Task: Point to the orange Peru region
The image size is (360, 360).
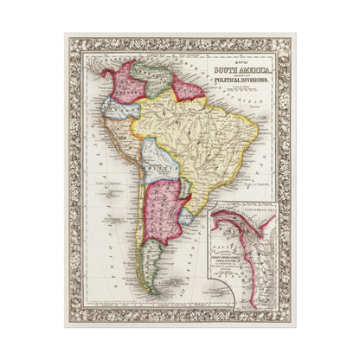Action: point(130,143)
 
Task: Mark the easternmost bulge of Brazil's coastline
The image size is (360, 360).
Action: point(257,138)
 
